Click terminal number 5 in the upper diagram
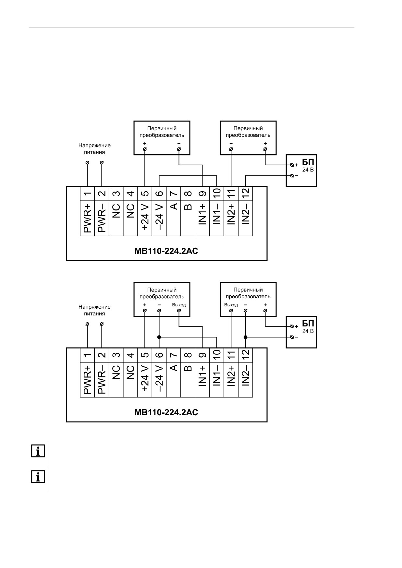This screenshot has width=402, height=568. [145, 194]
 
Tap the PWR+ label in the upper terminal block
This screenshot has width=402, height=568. [87, 218]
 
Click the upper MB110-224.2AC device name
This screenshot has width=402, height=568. [166, 251]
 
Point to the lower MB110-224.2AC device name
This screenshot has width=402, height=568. [166, 412]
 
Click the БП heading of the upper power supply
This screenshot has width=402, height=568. [308, 162]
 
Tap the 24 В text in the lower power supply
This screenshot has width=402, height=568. [308, 331]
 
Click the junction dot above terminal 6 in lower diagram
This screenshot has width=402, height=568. [159, 337]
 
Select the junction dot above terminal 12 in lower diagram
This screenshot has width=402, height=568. [245, 337]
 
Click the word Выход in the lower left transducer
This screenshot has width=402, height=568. [179, 305]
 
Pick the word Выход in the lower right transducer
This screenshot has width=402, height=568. [231, 305]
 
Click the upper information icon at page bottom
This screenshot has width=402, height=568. [38, 451]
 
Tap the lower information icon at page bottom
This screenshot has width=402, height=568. [38, 477]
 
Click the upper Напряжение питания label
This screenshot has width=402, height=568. [94, 149]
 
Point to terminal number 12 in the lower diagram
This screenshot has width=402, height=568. [246, 355]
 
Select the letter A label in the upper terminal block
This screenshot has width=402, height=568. [174, 206]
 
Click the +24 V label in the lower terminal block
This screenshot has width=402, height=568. [145, 378]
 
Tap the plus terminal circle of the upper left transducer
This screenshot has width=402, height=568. [145, 149]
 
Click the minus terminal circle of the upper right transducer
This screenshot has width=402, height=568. [231, 149]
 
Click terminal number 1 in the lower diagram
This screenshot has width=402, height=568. [87, 355]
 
